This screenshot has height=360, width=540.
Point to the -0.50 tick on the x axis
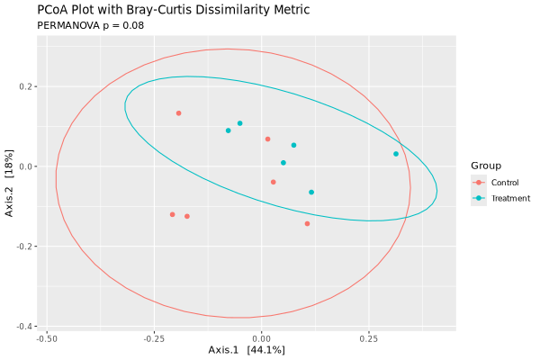[47, 339]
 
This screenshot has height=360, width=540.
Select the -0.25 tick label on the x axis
[154, 339]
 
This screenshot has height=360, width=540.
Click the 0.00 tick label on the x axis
[261, 339]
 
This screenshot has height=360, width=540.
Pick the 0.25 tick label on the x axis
[368, 339]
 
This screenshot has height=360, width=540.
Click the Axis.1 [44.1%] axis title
[247, 349]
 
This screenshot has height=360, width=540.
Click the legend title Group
[486, 166]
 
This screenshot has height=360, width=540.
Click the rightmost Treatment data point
[396, 154]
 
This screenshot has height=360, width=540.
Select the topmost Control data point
[179, 113]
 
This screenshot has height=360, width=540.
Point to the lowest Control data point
[307, 223]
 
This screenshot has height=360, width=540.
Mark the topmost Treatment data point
[240, 123]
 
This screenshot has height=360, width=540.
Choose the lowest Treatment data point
[311, 192]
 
